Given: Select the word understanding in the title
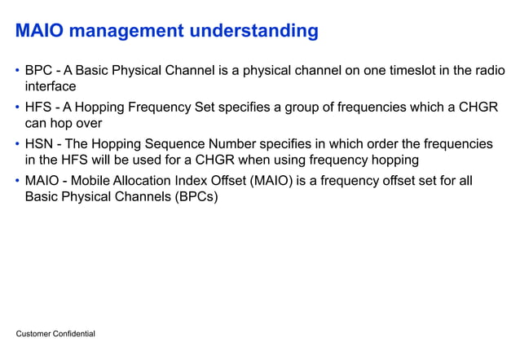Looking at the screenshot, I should [x=253, y=32].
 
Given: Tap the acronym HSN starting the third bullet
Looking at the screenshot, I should [x=39, y=143].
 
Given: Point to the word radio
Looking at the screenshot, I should [x=487, y=70].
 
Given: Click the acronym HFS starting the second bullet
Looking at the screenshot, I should [x=39, y=107].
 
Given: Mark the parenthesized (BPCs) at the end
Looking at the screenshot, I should [x=194, y=196].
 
